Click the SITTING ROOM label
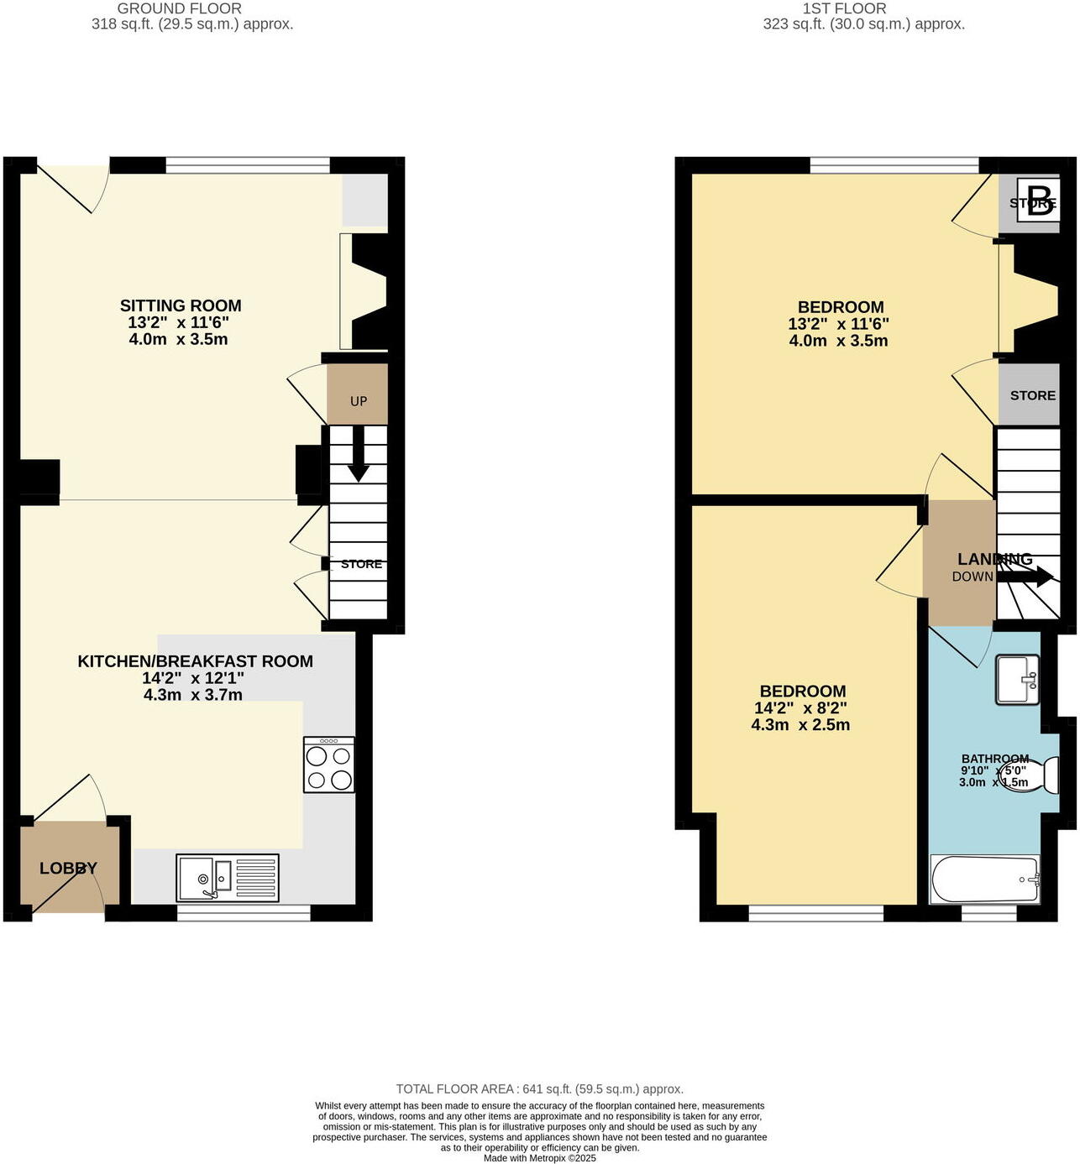(181, 306)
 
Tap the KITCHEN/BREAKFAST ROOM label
(195, 661)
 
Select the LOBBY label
(68, 869)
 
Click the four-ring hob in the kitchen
(329, 765)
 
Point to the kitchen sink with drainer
(228, 878)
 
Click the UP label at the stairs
(359, 401)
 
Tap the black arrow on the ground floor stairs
(359, 457)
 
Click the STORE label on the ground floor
(361, 564)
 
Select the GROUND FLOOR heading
(179, 8)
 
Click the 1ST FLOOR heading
(844, 8)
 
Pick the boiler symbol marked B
(1039, 201)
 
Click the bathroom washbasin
(1018, 679)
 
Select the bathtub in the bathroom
(985, 880)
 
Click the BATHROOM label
(995, 759)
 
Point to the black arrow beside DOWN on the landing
(1026, 577)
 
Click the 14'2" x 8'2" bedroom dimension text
(800, 708)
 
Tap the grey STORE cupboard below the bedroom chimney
(1032, 395)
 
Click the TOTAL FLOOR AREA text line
(539, 1089)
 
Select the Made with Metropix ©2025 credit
(539, 1158)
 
